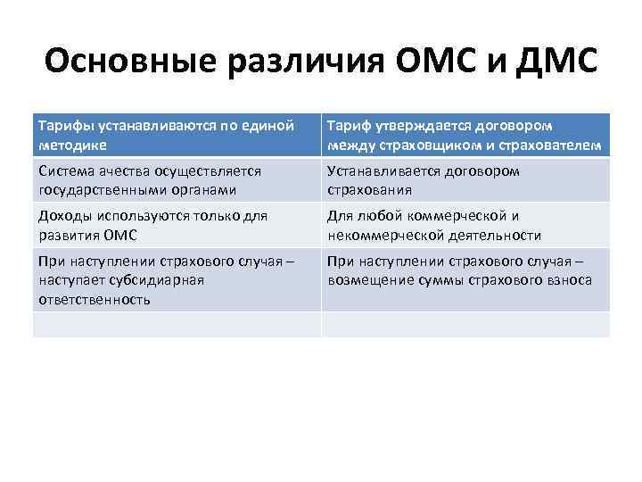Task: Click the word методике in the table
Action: [x=73, y=145]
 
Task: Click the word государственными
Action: [x=98, y=190]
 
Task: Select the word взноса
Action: [x=570, y=280]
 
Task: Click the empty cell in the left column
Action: [x=177, y=324]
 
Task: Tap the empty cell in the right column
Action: [x=465, y=324]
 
